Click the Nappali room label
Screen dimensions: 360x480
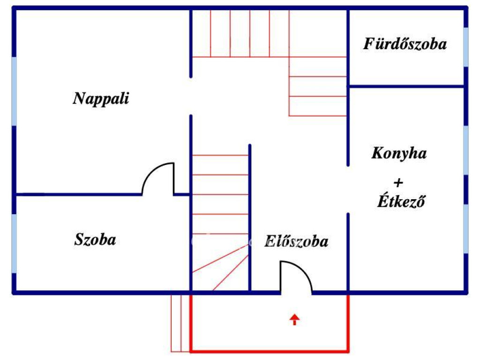(x=101, y=99)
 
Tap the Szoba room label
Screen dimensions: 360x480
(x=95, y=240)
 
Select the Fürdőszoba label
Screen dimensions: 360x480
(x=405, y=44)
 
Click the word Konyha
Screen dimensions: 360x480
(x=399, y=153)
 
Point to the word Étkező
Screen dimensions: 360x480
(x=401, y=201)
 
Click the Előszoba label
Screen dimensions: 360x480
(x=296, y=241)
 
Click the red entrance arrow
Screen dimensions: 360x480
(x=294, y=320)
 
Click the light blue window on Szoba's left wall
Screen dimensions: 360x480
(x=15, y=243)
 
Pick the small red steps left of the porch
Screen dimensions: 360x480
(x=180, y=323)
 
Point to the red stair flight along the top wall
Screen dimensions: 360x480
(x=240, y=33)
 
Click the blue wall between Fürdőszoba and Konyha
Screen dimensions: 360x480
(x=406, y=87)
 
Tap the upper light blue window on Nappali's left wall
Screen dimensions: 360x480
(x=15, y=91)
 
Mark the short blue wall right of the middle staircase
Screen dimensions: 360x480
(x=250, y=216)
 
